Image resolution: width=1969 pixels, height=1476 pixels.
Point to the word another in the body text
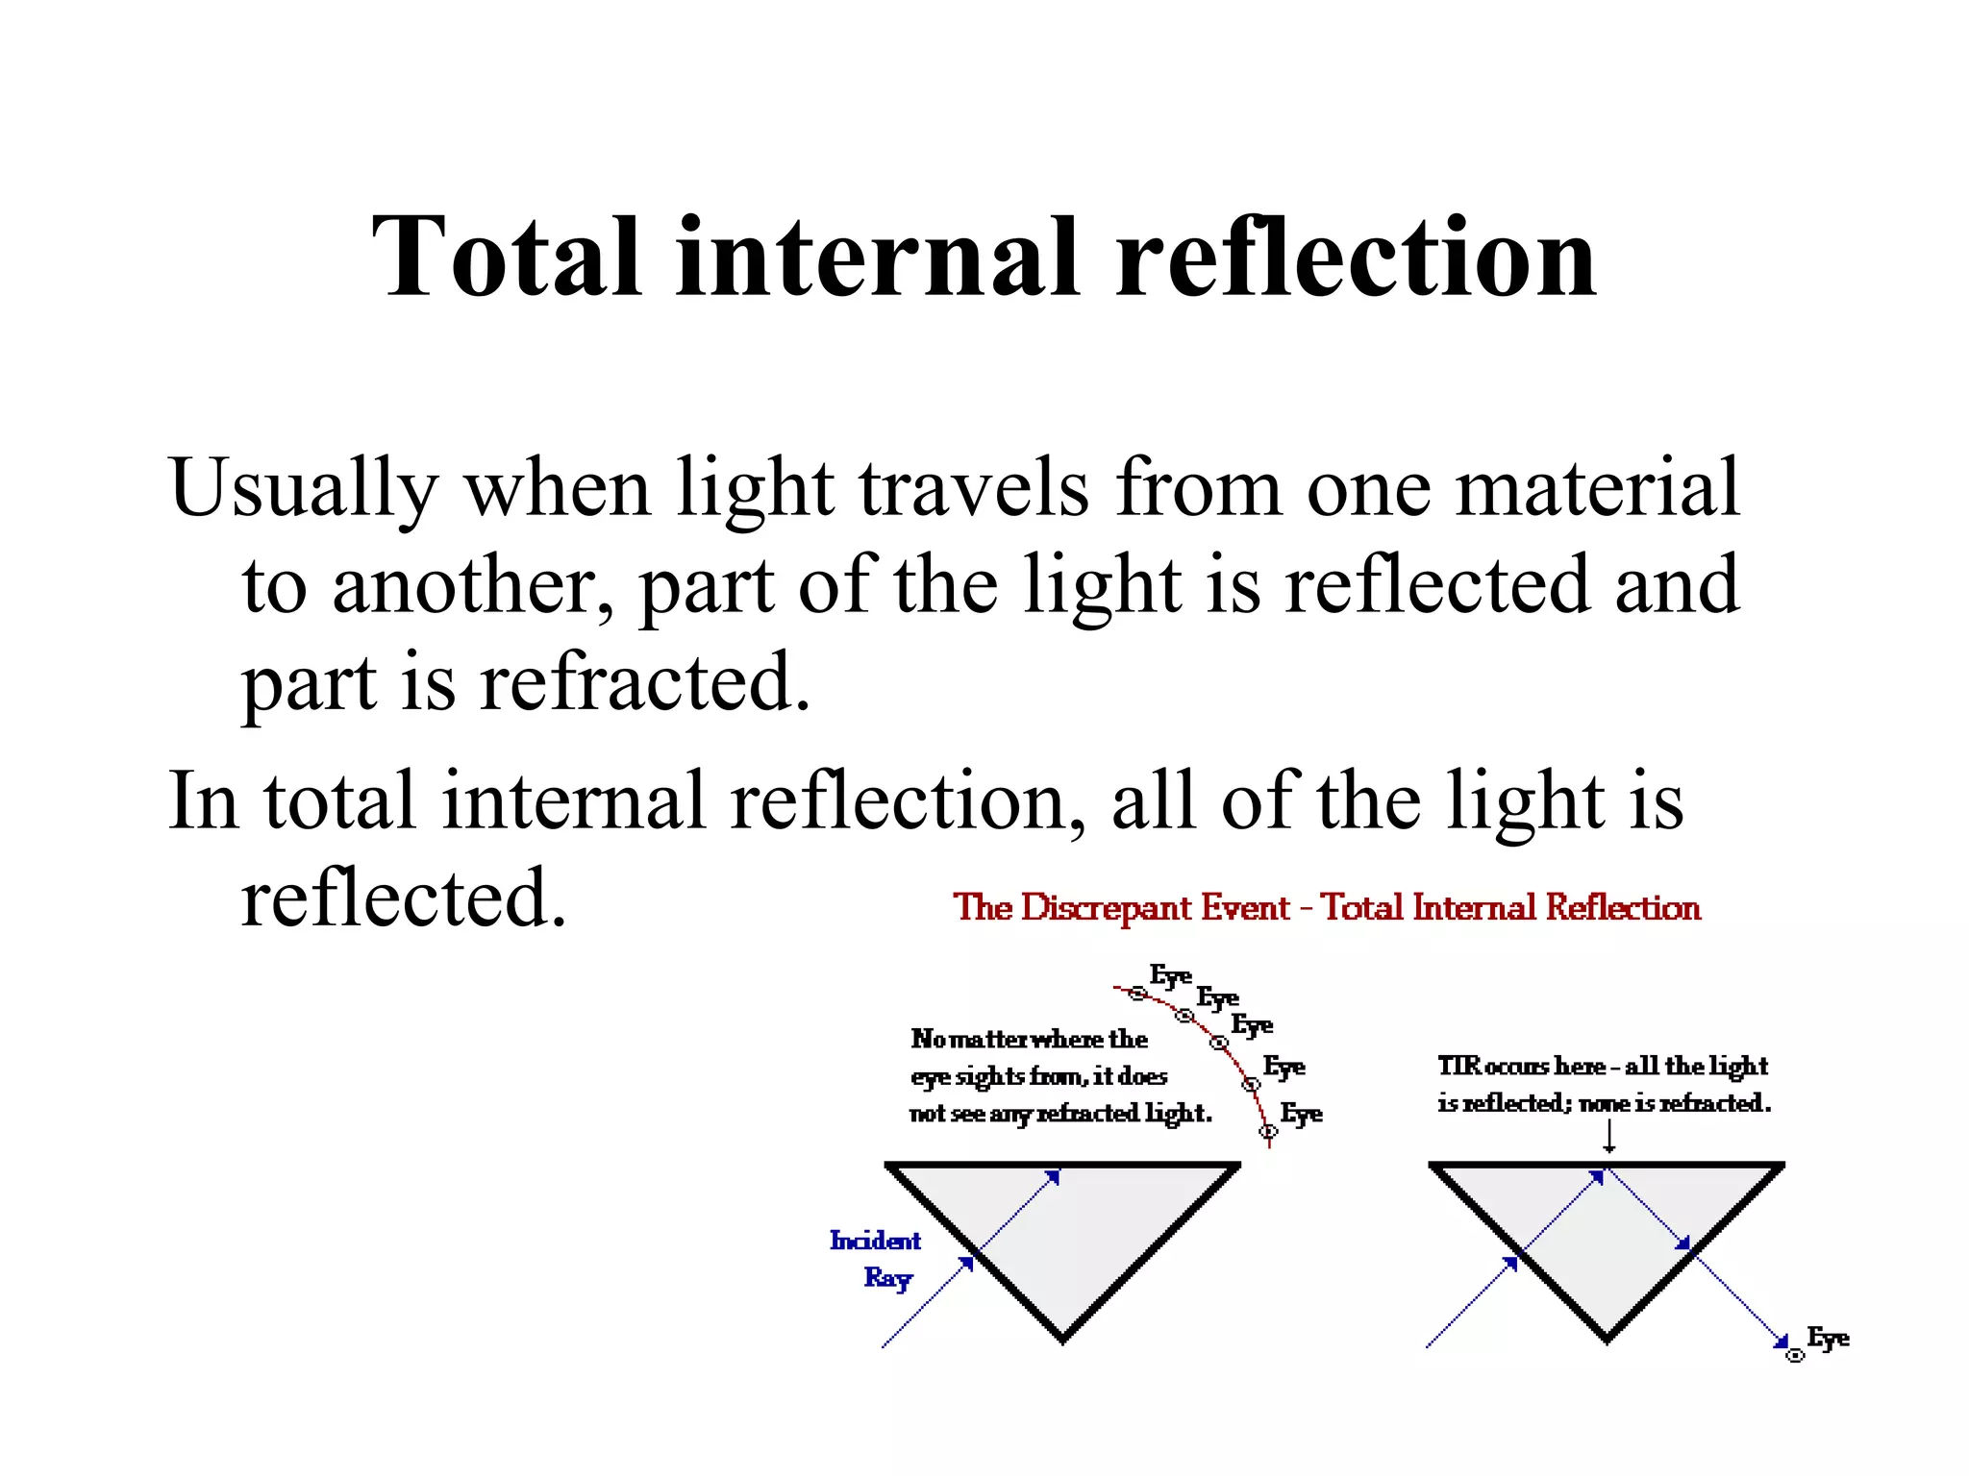[464, 586]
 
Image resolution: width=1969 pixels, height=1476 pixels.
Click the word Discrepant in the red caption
[1155, 907]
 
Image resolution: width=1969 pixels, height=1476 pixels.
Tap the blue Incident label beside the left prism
[875, 1241]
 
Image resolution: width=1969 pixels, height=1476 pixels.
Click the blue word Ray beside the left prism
[887, 1278]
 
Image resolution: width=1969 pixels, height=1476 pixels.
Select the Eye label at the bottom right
[1828, 1338]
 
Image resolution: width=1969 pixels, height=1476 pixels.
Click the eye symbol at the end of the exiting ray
[1794, 1356]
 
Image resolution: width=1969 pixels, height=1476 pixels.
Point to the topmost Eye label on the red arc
[1170, 976]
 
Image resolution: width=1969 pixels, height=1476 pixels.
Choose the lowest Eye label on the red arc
[1301, 1114]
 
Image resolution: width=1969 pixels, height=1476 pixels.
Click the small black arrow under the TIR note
[1608, 1138]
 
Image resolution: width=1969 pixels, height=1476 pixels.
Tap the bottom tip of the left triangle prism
[1062, 1339]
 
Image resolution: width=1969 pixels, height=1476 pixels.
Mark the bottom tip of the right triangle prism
[1607, 1339]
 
